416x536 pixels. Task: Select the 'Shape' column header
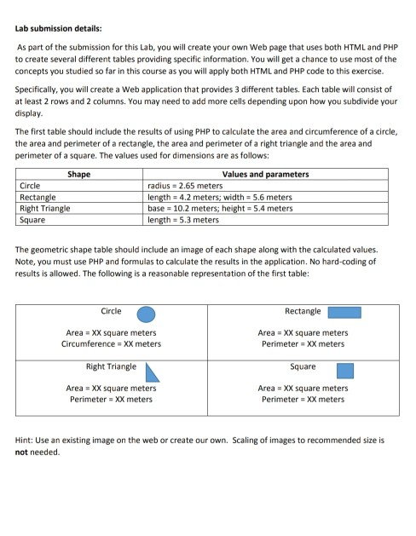[79, 175]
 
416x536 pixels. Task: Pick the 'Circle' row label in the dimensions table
[31, 185]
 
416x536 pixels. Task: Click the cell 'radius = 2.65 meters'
[185, 185]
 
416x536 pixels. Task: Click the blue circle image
[147, 313]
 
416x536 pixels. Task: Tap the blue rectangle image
[344, 313]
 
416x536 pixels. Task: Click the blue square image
[344, 370]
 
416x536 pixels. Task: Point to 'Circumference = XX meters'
[111, 344]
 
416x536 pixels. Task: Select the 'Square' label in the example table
[303, 366]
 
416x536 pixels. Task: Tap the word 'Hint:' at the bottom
[27, 441]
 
